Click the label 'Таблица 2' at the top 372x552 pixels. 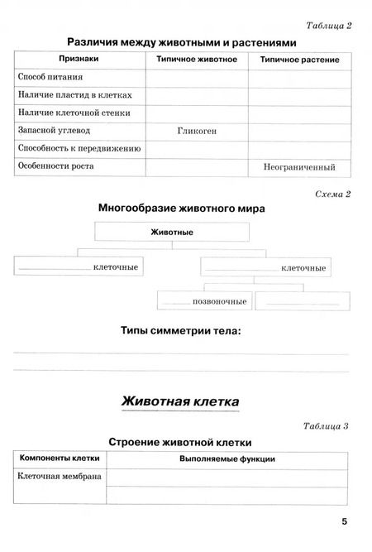pyautogui.click(x=328, y=25)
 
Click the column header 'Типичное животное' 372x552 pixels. pyautogui.click(x=197, y=60)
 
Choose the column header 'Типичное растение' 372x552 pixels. pyautogui.click(x=299, y=60)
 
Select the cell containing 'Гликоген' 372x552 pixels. pyautogui.click(x=197, y=131)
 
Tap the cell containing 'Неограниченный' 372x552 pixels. pyautogui.click(x=299, y=166)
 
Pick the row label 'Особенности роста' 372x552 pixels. pyautogui.click(x=55, y=166)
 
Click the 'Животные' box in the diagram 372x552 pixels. pyautogui.click(x=172, y=233)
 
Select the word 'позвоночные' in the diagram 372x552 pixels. pyautogui.click(x=220, y=301)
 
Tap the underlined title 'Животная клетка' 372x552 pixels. pyautogui.click(x=180, y=401)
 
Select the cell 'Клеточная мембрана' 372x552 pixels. pyautogui.click(x=60, y=477)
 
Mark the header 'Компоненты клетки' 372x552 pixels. pyautogui.click(x=60, y=458)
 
